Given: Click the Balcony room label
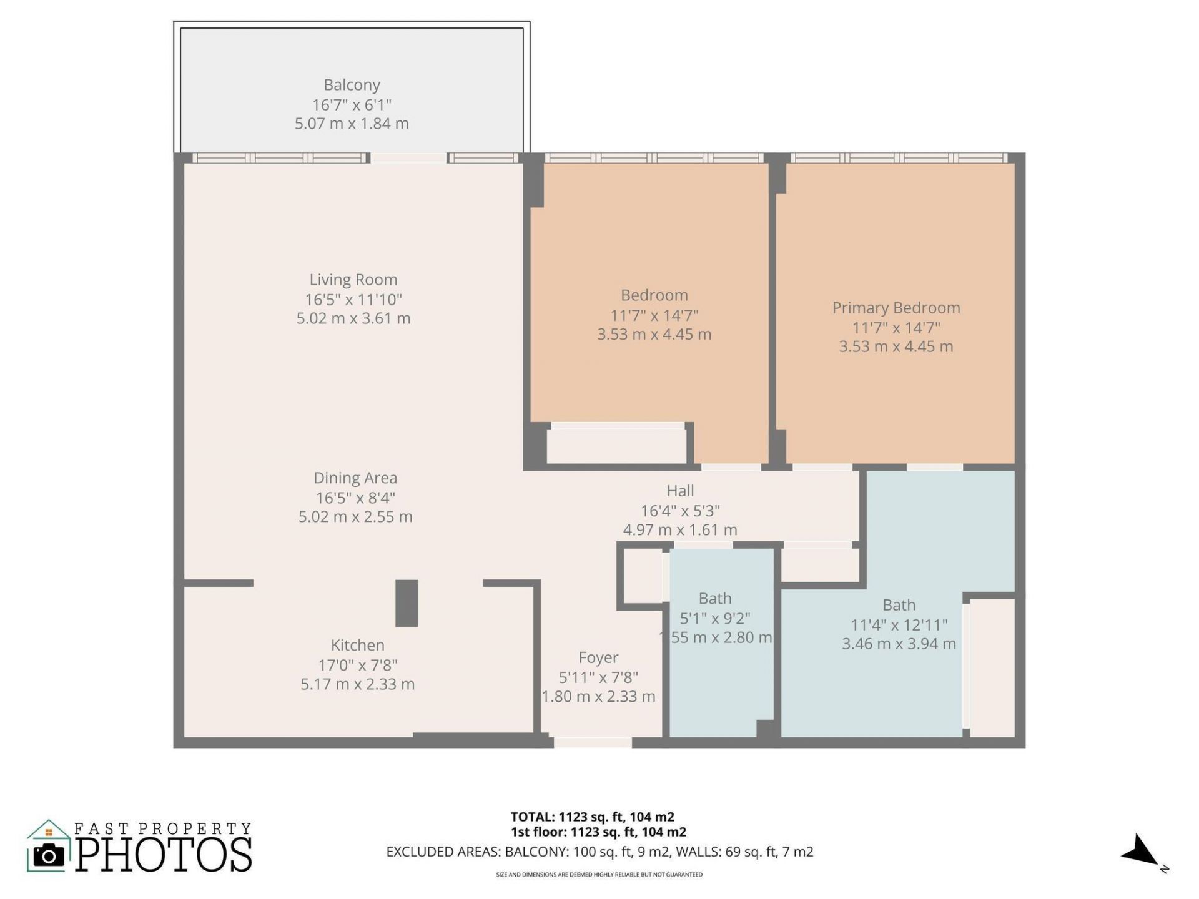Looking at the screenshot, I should point(352,85).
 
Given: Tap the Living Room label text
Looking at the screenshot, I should point(353,280).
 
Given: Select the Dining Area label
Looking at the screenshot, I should point(355,478).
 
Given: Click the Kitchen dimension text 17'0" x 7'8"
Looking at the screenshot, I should point(357,665).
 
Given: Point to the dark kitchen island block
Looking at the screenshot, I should point(407,603).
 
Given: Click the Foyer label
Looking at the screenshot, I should point(598,657).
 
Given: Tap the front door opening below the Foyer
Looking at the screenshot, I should point(593,742).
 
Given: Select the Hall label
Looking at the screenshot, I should point(680,491).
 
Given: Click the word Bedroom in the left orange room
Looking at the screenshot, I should point(654,295).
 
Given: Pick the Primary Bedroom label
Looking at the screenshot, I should point(896,308).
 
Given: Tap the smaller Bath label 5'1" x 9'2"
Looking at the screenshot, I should point(715,618).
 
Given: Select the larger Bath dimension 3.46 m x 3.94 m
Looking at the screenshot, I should point(899,644).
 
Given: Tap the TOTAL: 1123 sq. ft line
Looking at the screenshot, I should point(592,817).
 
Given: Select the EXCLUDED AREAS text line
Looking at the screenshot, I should point(599,852).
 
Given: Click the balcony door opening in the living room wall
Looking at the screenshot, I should point(409,158).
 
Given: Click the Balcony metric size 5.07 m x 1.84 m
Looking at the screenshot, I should point(352,124).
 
